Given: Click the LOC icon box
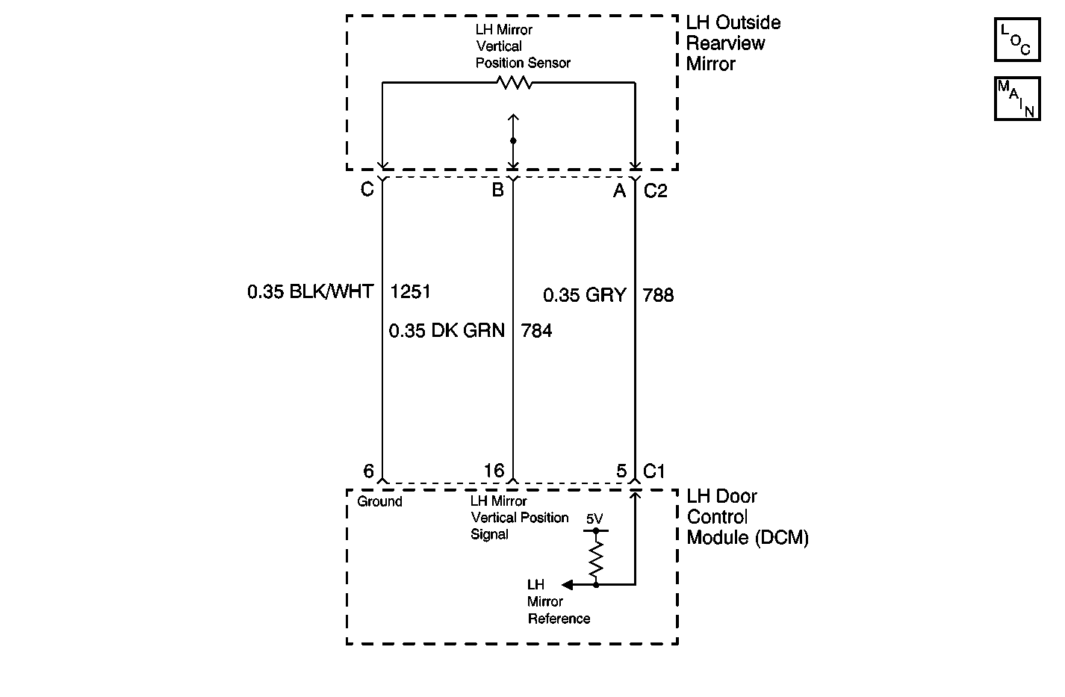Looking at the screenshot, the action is pyautogui.click(x=1017, y=40).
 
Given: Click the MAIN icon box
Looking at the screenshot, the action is pyautogui.click(x=1017, y=99).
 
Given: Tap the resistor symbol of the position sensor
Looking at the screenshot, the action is pyautogui.click(x=514, y=83).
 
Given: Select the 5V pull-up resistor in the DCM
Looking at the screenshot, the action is pyautogui.click(x=596, y=559).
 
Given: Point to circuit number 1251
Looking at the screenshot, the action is pyautogui.click(x=410, y=291).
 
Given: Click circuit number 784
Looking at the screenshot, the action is pyautogui.click(x=536, y=330).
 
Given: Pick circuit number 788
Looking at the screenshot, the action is pyautogui.click(x=658, y=295).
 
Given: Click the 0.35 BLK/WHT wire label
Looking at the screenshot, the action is pyautogui.click(x=311, y=291).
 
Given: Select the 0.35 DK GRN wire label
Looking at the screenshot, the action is pyautogui.click(x=447, y=330).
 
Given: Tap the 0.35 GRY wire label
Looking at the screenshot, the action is pyautogui.click(x=584, y=295).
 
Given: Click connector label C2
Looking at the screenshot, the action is pyautogui.click(x=655, y=190).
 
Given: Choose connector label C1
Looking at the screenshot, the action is pyautogui.click(x=653, y=471).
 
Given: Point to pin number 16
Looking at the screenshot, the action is pyautogui.click(x=494, y=471).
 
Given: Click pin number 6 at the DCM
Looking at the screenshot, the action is pyautogui.click(x=368, y=471).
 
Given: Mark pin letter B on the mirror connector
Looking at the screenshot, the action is pyautogui.click(x=498, y=190).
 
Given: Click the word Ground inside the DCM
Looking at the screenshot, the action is pyautogui.click(x=379, y=501).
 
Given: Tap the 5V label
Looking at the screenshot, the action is pyautogui.click(x=594, y=518).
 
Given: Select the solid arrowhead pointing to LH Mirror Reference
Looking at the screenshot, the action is pyautogui.click(x=567, y=584).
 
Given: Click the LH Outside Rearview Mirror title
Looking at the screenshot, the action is pyautogui.click(x=733, y=43).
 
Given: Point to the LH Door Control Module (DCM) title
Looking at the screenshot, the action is pyautogui.click(x=748, y=517).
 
